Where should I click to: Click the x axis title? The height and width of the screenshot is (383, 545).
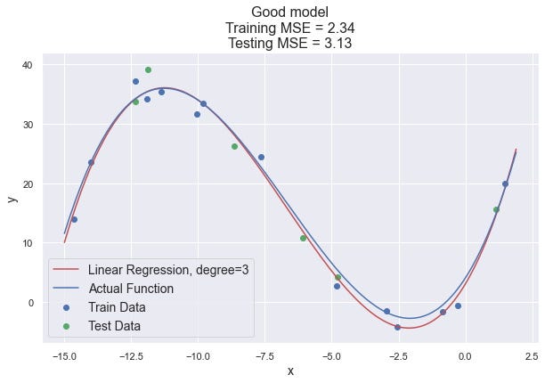click(289, 371)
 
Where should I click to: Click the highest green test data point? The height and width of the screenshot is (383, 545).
click(148, 69)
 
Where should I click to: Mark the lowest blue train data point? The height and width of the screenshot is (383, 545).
click(397, 327)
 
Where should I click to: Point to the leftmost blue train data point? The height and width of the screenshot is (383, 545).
click(74, 219)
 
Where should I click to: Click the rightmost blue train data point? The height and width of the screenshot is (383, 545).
click(505, 184)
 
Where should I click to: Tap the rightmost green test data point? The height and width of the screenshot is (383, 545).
click(496, 210)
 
